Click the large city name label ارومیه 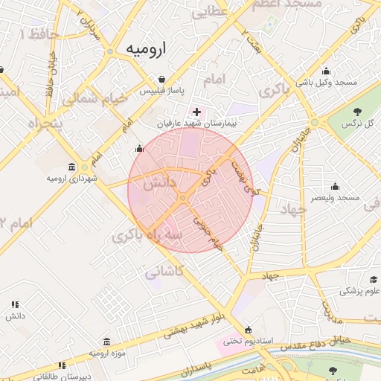146,49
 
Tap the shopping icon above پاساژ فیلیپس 161,79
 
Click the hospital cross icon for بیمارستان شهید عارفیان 196,111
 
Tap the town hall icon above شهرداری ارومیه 71,166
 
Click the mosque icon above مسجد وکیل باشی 326,71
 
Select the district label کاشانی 164,271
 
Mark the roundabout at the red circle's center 182,198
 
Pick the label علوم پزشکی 359,291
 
